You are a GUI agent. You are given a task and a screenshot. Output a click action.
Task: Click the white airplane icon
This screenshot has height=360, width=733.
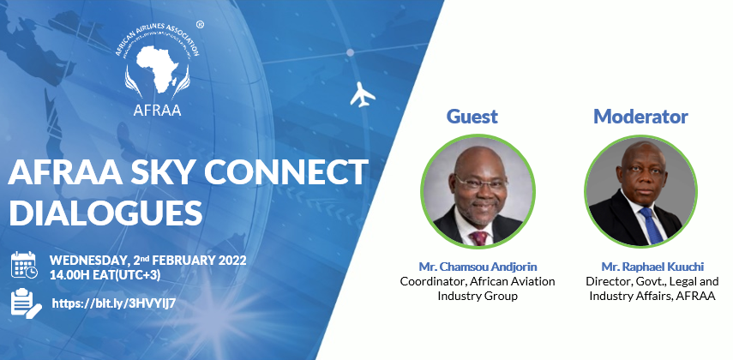click(x=363, y=94)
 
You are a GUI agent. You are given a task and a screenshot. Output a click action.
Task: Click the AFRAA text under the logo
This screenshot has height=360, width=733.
click(x=157, y=110)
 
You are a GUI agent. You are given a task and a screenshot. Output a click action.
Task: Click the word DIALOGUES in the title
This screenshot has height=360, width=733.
click(x=105, y=213)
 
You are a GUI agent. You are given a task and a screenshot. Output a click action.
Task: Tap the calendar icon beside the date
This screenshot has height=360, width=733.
click(x=24, y=265)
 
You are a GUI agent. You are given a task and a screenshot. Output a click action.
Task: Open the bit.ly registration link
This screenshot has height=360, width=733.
click(x=114, y=303)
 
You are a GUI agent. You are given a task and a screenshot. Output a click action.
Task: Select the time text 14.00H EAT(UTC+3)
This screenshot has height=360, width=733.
click(x=105, y=275)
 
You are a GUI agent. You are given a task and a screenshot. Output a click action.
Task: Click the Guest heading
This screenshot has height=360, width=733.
click(x=472, y=116)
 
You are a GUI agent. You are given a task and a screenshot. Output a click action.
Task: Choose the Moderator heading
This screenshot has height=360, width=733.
click(x=640, y=116)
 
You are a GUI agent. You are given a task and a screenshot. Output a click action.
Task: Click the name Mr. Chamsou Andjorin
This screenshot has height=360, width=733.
click(x=478, y=267)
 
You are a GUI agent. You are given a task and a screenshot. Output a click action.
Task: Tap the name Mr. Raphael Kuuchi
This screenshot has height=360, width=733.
click(x=652, y=267)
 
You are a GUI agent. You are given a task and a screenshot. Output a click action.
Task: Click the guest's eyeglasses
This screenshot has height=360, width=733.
click(x=479, y=183)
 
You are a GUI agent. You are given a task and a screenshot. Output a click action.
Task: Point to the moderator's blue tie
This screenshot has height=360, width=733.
click(x=652, y=226)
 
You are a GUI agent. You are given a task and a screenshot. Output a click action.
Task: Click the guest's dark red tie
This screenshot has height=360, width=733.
click(x=479, y=238)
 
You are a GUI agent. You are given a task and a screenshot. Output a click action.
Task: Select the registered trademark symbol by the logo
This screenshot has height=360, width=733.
click(x=200, y=25)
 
